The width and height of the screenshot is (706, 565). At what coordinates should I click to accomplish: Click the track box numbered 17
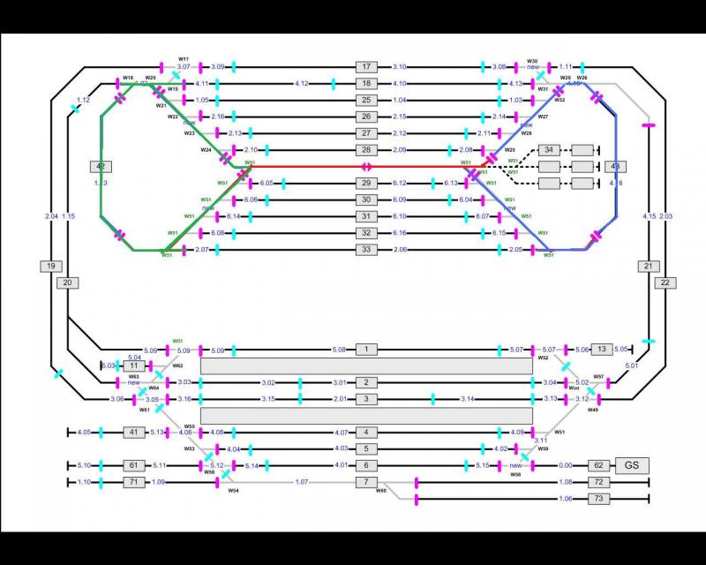tap(366, 67)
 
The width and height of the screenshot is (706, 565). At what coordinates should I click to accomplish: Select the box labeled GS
tap(631, 465)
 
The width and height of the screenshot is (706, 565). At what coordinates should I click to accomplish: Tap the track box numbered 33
tap(366, 251)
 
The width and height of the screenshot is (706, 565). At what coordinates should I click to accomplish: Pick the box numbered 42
tap(101, 166)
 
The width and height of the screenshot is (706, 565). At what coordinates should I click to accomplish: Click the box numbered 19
tap(51, 266)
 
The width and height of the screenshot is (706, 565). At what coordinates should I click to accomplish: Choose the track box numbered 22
tap(665, 282)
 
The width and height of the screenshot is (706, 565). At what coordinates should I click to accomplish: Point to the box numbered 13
tap(602, 350)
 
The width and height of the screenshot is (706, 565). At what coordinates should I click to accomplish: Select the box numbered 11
tap(133, 365)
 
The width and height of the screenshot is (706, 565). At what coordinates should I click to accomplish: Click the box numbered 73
tap(598, 500)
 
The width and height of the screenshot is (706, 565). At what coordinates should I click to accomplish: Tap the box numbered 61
tap(133, 465)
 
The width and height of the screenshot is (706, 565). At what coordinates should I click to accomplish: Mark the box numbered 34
tap(550, 149)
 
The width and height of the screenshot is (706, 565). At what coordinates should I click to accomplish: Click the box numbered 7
tap(366, 482)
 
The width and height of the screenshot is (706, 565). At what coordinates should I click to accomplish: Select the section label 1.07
tap(302, 482)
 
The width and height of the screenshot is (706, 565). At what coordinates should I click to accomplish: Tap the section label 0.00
tap(566, 465)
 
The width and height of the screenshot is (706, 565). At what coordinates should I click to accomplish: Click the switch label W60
tap(381, 490)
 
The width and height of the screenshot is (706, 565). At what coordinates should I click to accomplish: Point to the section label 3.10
tap(399, 67)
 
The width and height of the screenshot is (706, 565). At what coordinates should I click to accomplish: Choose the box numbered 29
tap(366, 183)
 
